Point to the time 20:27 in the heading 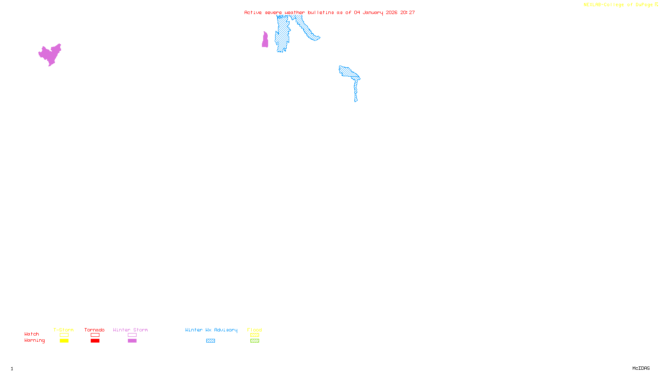tap(407, 12)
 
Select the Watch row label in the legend tap(32, 334)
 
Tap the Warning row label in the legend tap(34, 340)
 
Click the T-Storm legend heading tap(64, 330)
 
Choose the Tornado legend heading tap(94, 330)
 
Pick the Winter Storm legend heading tap(130, 330)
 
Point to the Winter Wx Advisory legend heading tap(211, 330)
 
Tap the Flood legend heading tap(255, 330)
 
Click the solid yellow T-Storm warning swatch tap(64, 341)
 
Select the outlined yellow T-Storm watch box tap(64, 335)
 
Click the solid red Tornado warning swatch tap(95, 341)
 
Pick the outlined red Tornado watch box tap(95, 335)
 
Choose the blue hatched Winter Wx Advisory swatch tap(210, 341)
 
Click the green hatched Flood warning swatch tap(255, 341)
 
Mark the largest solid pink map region tap(51, 55)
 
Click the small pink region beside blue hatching tap(265, 40)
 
